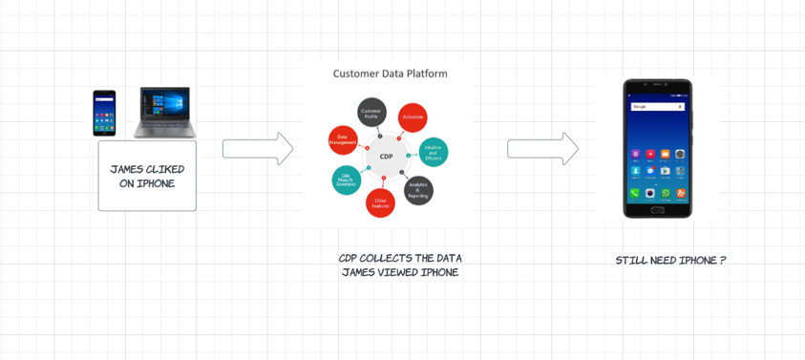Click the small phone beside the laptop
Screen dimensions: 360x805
click(x=104, y=114)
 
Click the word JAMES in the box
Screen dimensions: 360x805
click(x=127, y=170)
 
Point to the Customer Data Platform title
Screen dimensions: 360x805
click(x=390, y=74)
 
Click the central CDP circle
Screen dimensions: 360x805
click(x=386, y=156)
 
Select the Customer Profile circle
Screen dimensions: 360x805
click(x=371, y=113)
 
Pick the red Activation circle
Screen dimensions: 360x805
click(x=413, y=117)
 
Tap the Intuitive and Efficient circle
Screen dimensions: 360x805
click(x=433, y=152)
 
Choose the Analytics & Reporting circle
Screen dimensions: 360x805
click(x=418, y=191)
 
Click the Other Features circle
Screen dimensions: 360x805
click(x=380, y=202)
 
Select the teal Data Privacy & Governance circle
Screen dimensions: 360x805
click(x=346, y=180)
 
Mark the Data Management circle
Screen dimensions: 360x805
click(x=343, y=140)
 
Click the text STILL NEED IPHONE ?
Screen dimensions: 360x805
click(x=670, y=260)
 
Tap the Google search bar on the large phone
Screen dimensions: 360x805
click(x=657, y=107)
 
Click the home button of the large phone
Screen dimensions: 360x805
click(x=650, y=193)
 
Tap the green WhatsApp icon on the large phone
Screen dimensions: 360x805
click(x=666, y=193)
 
